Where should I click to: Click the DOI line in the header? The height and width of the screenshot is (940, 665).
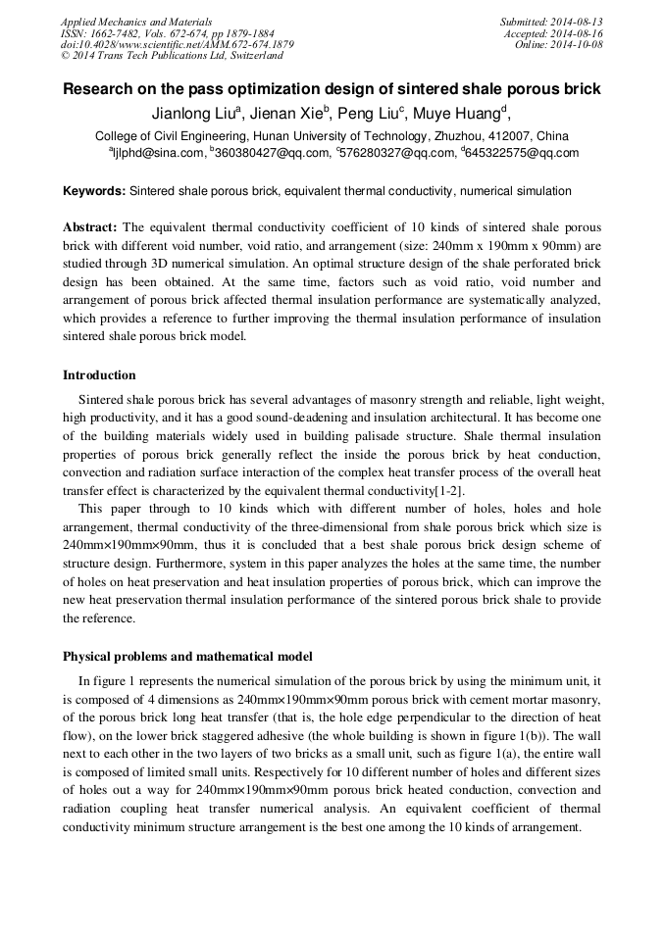[177, 45]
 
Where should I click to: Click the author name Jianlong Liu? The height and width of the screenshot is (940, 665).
[190, 114]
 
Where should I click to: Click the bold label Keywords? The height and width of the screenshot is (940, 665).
[94, 191]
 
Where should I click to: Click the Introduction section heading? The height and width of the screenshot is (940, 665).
[99, 375]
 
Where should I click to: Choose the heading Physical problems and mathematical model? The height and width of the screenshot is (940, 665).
[187, 656]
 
